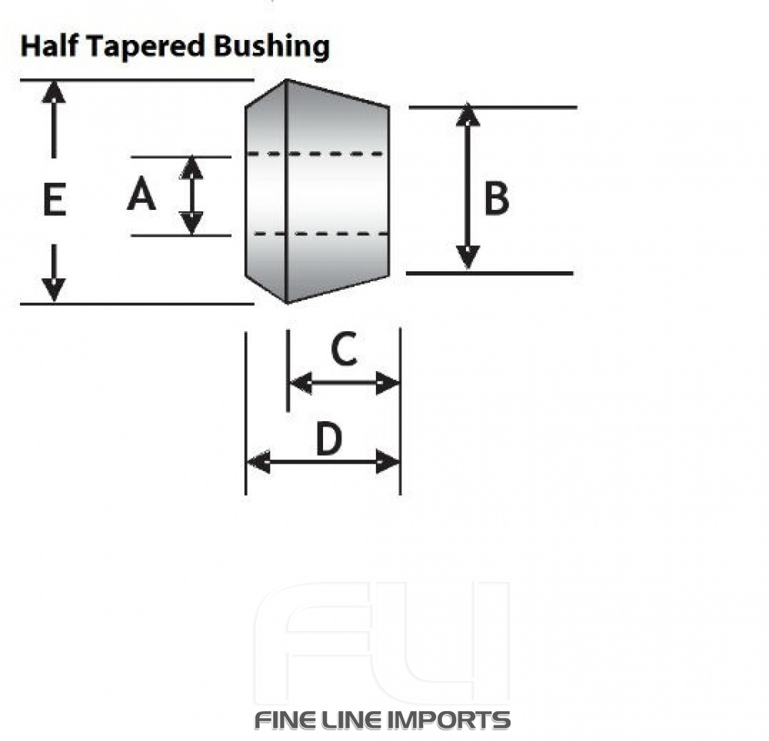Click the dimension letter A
pos(141,196)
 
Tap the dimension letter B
pos(496,199)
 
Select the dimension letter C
pos(343,351)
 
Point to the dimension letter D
pos(328,440)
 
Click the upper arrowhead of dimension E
pos(53,91)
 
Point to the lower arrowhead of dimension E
pos(53,291)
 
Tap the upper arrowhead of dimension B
pos(468,115)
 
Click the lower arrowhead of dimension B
pos(468,258)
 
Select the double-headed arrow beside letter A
pos(191,195)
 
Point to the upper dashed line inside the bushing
pos(315,155)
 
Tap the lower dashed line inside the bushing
pos(315,233)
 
